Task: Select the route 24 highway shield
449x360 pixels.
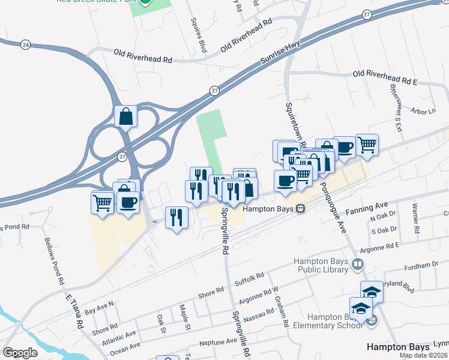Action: (25, 44)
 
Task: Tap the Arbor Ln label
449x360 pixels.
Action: (423, 112)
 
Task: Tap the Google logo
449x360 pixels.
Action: (20, 353)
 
